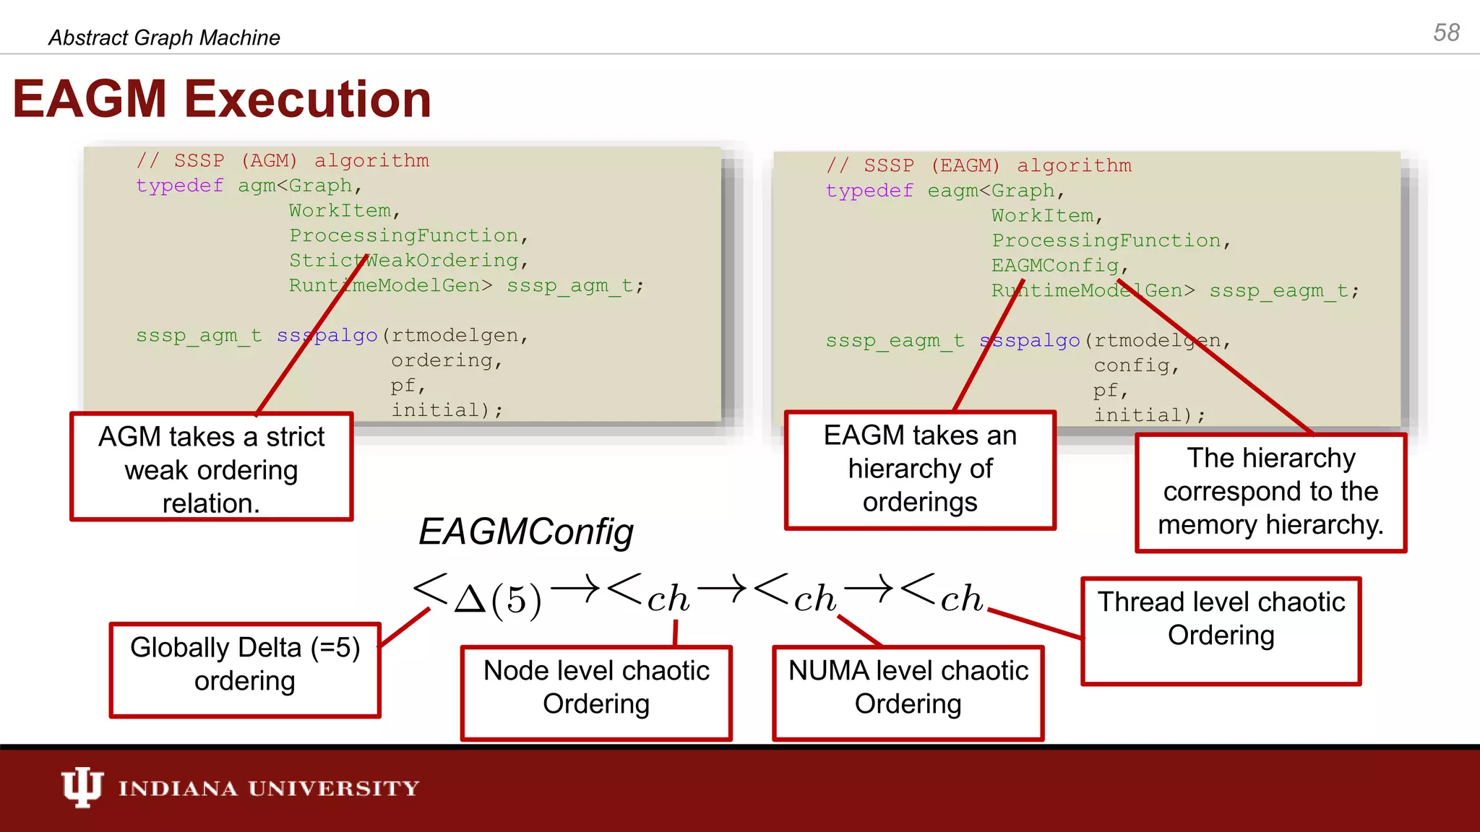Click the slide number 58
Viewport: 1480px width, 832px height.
click(1446, 32)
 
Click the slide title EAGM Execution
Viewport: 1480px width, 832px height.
click(222, 99)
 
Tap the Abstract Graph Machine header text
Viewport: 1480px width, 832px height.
click(164, 38)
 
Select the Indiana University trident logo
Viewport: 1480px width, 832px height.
click(82, 787)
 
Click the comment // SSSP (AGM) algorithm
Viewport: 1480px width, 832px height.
click(283, 160)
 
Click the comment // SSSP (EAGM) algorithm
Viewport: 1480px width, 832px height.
click(979, 165)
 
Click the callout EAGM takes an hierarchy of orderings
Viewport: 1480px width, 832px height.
click(920, 469)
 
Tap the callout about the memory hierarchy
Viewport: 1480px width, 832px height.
click(1270, 493)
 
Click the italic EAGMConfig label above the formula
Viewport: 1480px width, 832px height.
click(525, 532)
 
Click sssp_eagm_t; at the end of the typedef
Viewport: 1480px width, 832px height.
click(1284, 291)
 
